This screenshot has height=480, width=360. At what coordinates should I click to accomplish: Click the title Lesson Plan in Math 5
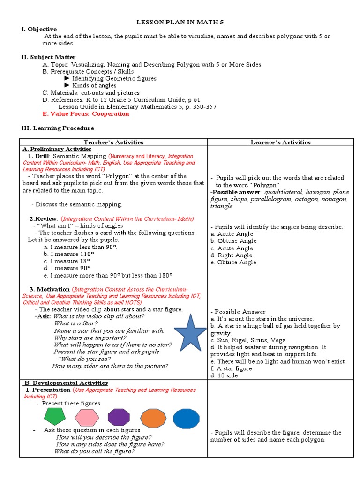[x=180, y=22]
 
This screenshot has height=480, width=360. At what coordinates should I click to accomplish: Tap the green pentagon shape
[x=55, y=416]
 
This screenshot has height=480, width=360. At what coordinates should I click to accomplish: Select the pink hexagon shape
[x=87, y=417]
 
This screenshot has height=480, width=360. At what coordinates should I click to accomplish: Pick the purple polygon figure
[x=119, y=417]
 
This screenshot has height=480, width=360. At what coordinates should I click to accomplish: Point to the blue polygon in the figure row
[x=186, y=418]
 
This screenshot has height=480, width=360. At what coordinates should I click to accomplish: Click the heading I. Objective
[x=39, y=29]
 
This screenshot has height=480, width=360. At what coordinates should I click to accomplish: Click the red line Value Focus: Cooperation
[x=86, y=114]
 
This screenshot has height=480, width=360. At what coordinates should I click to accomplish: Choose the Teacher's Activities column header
[x=113, y=142]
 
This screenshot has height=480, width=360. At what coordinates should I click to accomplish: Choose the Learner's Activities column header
[x=281, y=142]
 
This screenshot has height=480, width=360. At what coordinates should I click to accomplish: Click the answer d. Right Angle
[x=232, y=255]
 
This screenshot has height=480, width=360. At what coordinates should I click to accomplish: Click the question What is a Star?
[x=76, y=323]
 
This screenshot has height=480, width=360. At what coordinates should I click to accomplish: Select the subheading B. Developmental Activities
[x=66, y=382]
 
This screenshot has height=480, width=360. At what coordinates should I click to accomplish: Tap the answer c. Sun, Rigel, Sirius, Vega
[x=248, y=340]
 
